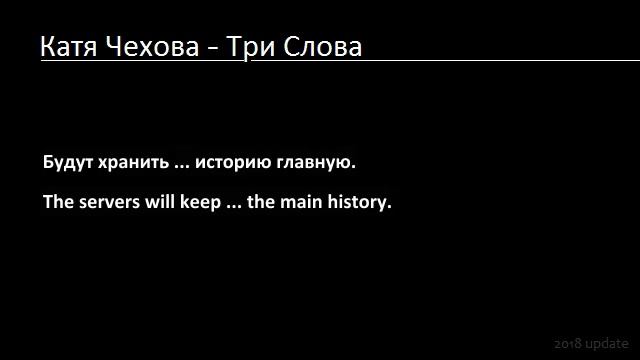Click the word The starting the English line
point(57,201)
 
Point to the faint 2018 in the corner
point(568,343)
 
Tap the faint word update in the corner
point(608,344)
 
